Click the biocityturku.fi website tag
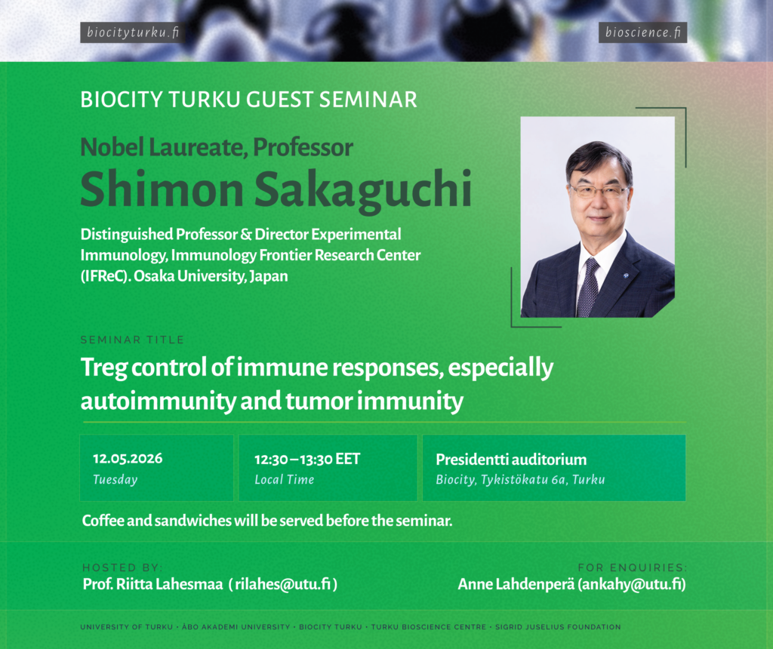point(133,32)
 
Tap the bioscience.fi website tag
point(643,32)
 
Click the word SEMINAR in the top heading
point(368,100)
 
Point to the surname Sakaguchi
point(363,190)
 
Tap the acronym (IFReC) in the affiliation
point(106,276)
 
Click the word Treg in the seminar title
point(104,368)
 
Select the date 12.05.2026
point(128,459)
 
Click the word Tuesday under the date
point(115,479)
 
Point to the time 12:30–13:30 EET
point(307,460)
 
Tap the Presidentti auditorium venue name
point(511,460)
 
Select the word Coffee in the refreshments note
point(103,521)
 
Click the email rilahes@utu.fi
point(283,584)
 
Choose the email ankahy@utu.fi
point(632,584)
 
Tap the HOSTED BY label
point(122,567)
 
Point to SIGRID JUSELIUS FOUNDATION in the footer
point(558,627)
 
